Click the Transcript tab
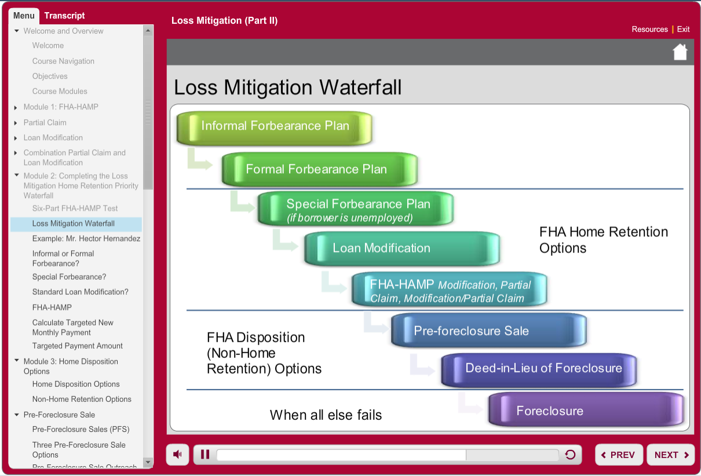pos(64,16)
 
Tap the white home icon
pos(680,52)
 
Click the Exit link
pos(683,30)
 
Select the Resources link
pos(649,30)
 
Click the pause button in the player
pos(205,454)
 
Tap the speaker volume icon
pos(177,454)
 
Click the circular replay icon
pos(570,455)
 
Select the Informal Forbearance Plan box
pos(275,128)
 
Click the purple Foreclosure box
pos(586,409)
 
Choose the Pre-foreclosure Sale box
pos(489,330)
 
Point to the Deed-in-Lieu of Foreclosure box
pos(539,370)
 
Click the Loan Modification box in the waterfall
pos(402,248)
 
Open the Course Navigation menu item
pos(63,61)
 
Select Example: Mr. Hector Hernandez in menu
pos(86,239)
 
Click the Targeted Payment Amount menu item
pos(77,346)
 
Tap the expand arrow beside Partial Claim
pos(16,123)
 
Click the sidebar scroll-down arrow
pos(148,462)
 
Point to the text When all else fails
pos(326,415)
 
